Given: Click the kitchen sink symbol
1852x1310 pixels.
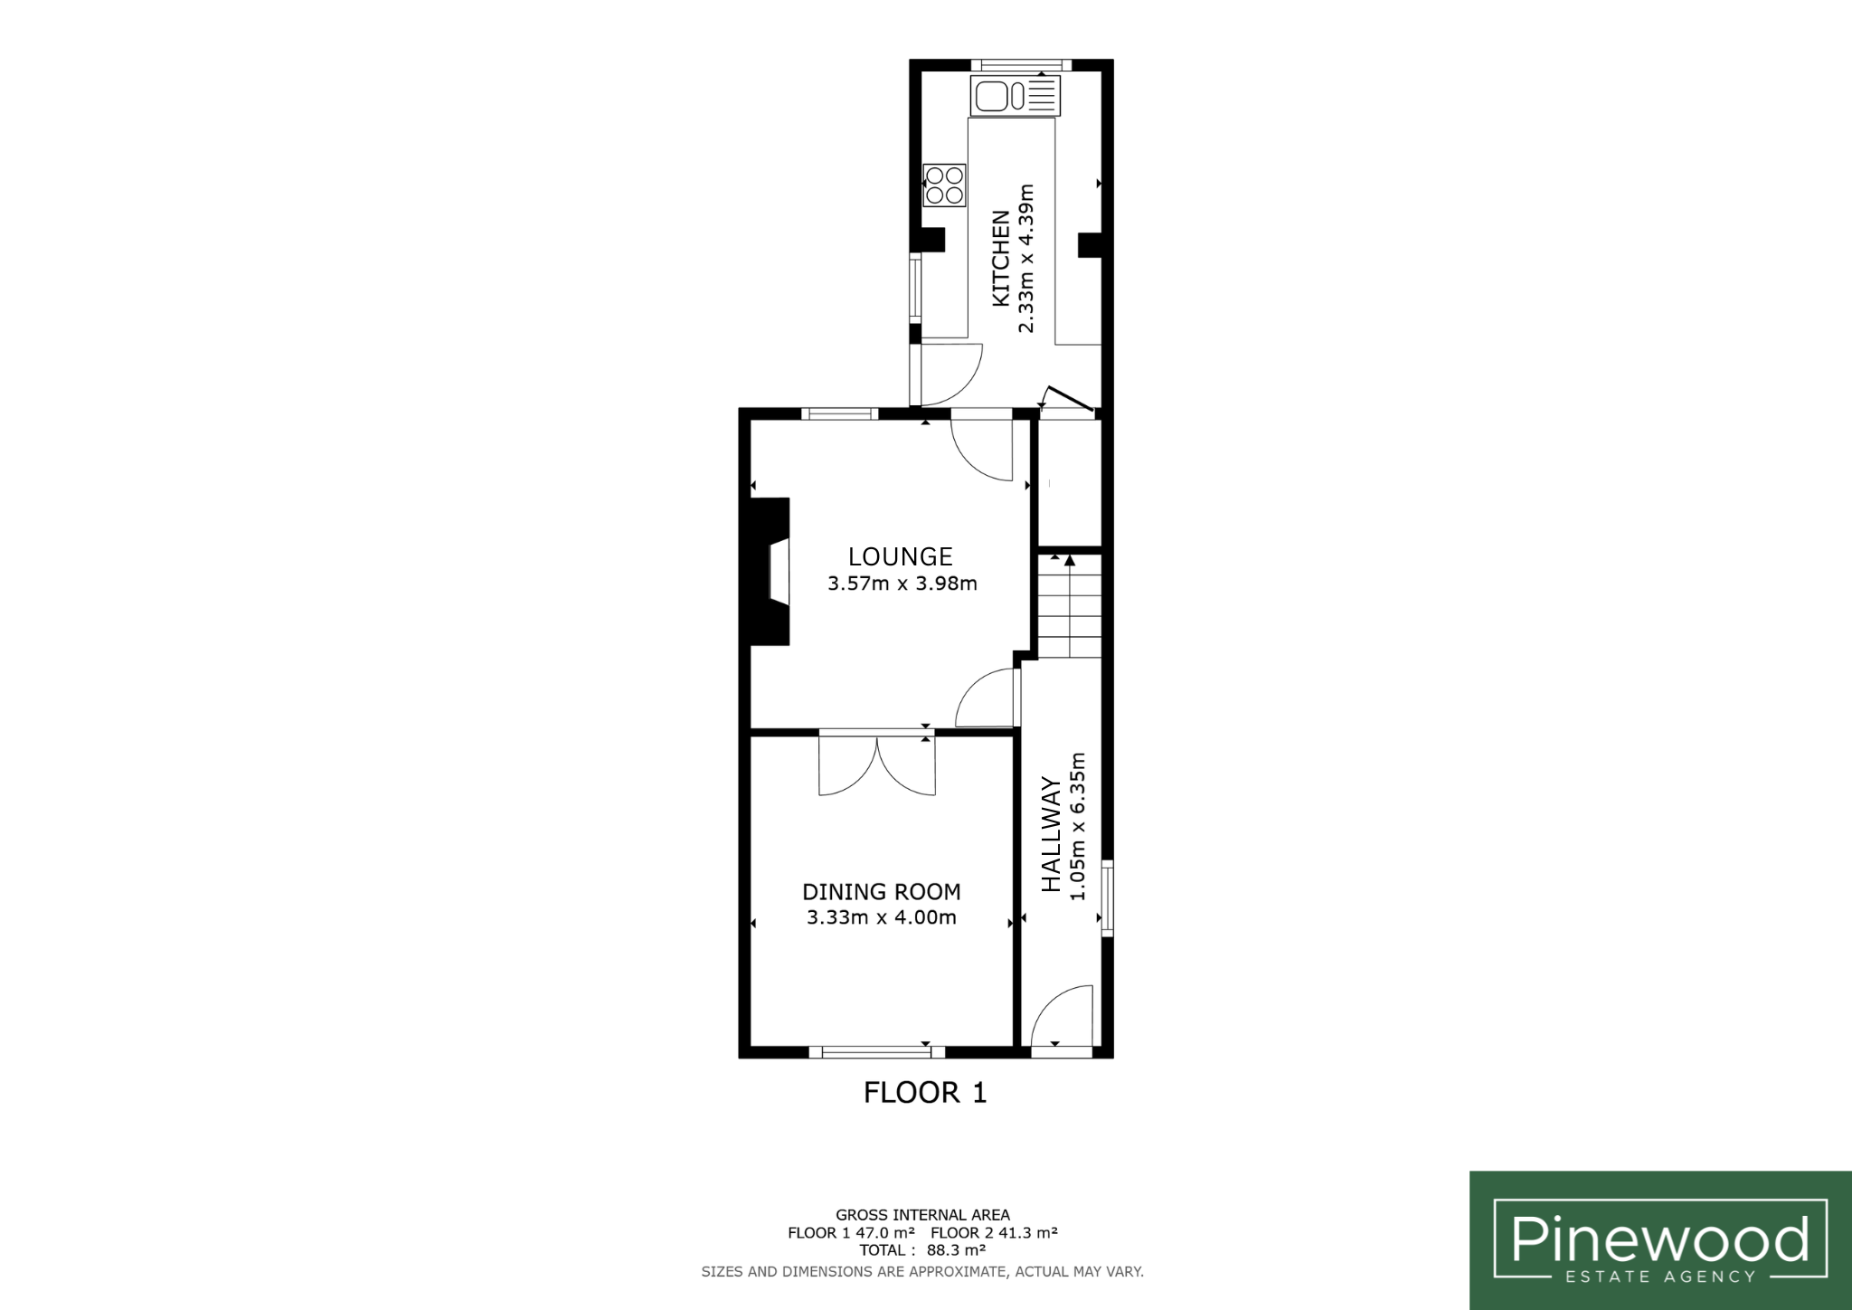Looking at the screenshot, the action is pos(1016,96).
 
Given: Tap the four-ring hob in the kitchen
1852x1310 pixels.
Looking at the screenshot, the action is pos(944,185).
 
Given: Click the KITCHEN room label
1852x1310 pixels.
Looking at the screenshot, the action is pos(1001,259).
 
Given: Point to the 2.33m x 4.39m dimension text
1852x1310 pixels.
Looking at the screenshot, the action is pos(1026,259).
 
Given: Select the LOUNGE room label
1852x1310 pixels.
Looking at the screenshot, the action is pos(900,555).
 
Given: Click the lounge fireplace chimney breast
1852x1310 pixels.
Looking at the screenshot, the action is pos(770,571).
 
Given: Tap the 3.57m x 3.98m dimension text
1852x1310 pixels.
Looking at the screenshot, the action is pos(902,584).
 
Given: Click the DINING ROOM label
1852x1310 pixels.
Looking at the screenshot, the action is pos(882,892).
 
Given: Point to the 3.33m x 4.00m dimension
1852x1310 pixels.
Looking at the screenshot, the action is pos(882,917).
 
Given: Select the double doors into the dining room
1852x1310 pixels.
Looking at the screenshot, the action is pos(876,765).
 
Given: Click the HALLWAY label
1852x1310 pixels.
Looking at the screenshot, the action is pos(1051,834).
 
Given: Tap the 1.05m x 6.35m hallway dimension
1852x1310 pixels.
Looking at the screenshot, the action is pos(1077,827).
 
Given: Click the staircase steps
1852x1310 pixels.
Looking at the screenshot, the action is pos(1070,605).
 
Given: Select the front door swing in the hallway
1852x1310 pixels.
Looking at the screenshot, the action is pos(1063,1017).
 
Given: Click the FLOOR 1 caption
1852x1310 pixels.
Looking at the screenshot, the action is pos(925,1093).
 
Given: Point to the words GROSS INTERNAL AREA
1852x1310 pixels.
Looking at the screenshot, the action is pos(922,1215).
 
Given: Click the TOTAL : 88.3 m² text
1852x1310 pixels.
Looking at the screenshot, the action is pos(922,1250).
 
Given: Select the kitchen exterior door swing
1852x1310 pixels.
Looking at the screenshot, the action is pos(947,374).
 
